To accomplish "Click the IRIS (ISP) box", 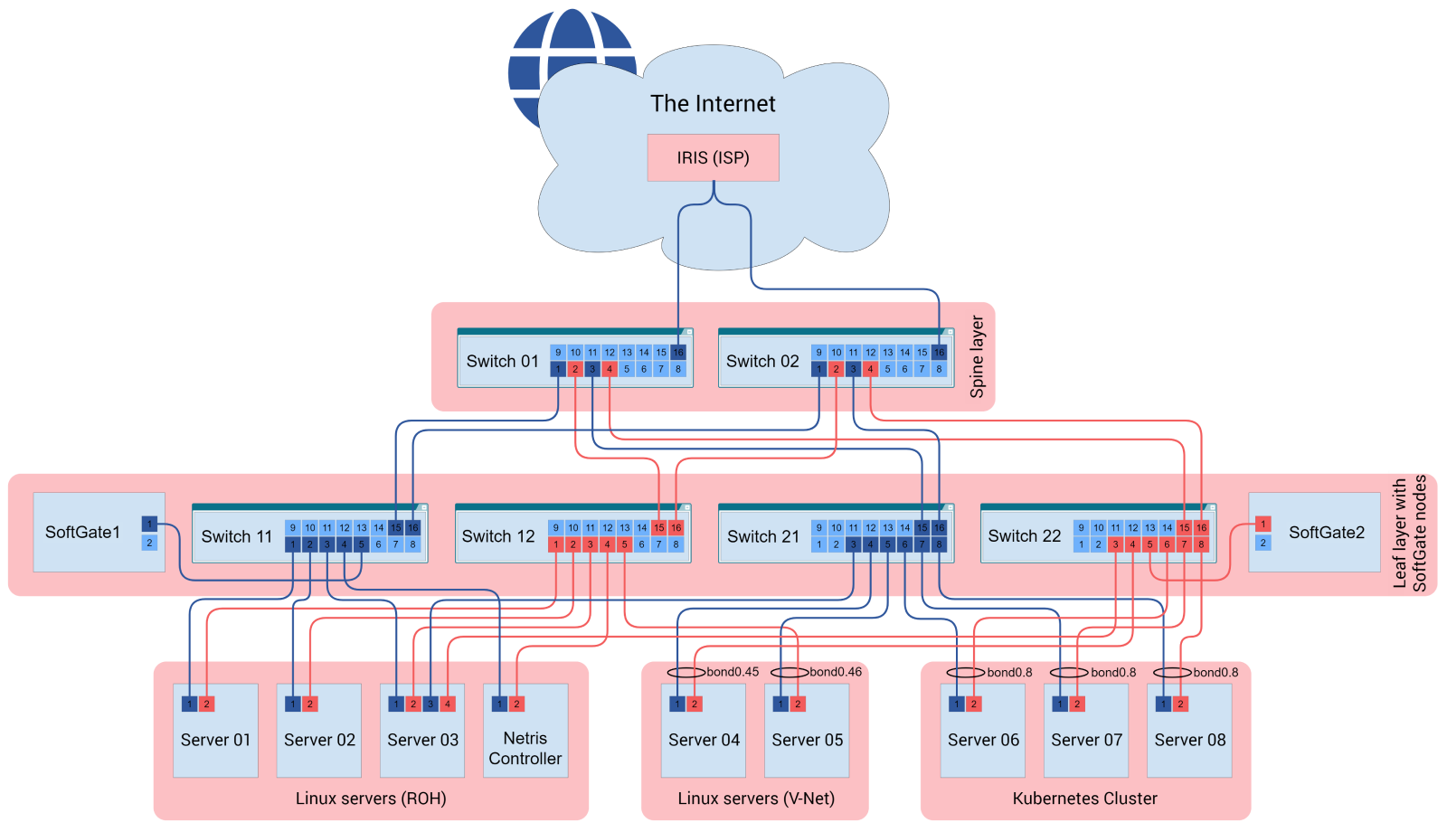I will coord(713,157).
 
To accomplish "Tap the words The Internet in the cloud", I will coord(713,104).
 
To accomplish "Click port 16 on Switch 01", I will coord(678,352).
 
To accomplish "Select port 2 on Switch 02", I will coord(836,369).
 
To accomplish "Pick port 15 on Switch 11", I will coord(395,527).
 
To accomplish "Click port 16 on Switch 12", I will coord(676,527).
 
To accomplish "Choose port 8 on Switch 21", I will coord(939,544).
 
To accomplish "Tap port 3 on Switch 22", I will coord(1115,544).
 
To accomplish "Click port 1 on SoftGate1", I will coord(150,524).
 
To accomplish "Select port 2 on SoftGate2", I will coord(1263,543).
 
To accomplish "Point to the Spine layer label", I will coord(977,356).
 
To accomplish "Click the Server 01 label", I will coord(215,740).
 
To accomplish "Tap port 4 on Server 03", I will coord(448,704).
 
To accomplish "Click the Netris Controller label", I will coord(525,749).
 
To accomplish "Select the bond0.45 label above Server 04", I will coord(733,672).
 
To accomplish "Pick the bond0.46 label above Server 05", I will coord(836,672).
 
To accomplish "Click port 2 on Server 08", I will coord(1180,704).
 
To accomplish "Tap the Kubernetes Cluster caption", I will coord(1084,799).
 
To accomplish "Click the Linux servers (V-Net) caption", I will coord(756,799).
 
